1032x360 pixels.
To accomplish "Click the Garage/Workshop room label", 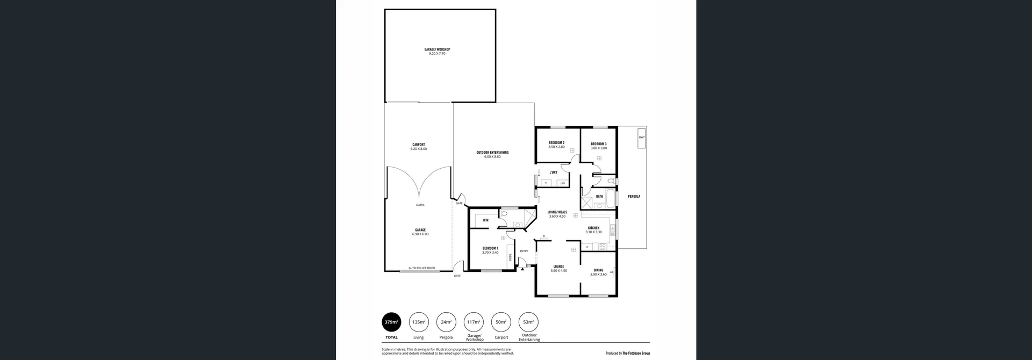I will click(x=436, y=49).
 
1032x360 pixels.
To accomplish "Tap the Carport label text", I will click(x=418, y=145).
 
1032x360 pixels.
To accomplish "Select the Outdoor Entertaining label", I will click(x=492, y=153).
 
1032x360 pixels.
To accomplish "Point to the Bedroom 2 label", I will click(x=556, y=143).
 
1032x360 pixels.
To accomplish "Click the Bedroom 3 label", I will click(x=598, y=144).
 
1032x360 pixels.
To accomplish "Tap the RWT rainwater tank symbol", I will click(x=641, y=137).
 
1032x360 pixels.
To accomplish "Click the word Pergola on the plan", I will click(x=634, y=197).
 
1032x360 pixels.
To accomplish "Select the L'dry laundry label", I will click(x=553, y=172).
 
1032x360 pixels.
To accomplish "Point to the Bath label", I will click(x=599, y=197).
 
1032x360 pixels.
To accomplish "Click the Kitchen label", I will click(x=593, y=228).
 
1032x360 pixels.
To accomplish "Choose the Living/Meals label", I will click(x=557, y=212).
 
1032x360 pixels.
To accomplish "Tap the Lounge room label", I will click(x=558, y=267).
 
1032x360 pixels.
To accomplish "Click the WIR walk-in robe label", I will click(x=485, y=220).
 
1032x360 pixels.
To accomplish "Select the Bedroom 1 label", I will click(x=490, y=248).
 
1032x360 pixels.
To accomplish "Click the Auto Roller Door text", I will click(x=421, y=268).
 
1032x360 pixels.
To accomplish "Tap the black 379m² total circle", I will click(x=391, y=322).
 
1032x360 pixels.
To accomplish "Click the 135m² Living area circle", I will click(x=419, y=322).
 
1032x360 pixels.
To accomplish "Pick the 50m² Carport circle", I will click(x=501, y=322).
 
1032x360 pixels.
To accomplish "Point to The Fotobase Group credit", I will click(x=635, y=354).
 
